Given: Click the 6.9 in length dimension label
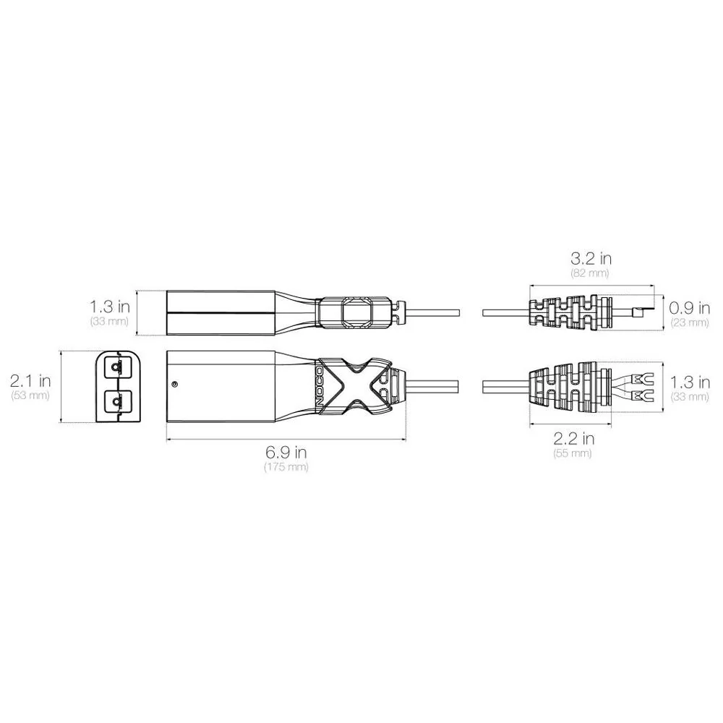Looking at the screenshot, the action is [x=286, y=452].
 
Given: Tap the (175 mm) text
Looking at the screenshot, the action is [x=286, y=466].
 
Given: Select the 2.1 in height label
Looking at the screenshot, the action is [x=30, y=381].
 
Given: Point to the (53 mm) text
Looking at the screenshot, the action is [x=30, y=395].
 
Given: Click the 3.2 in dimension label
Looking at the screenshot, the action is [x=591, y=259].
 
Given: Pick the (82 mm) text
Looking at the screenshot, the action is [x=591, y=273].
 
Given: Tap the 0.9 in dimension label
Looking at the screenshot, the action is [x=690, y=307].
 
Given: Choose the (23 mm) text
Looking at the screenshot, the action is [x=690, y=322].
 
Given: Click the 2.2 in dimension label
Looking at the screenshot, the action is [x=573, y=438].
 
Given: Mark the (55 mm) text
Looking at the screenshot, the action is [x=573, y=453].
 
